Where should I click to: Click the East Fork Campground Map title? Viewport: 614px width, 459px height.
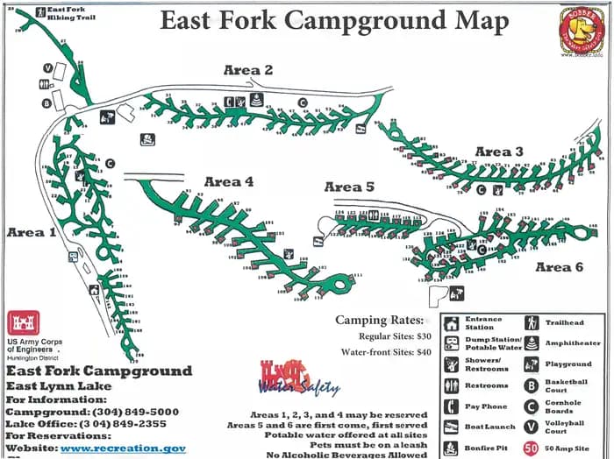click(333, 21)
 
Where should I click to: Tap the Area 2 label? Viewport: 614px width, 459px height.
click(248, 70)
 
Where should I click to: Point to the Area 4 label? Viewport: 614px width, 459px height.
click(229, 181)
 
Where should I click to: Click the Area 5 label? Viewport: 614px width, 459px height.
click(349, 187)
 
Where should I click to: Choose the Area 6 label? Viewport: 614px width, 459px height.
click(559, 267)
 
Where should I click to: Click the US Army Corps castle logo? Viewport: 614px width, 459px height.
click(24, 323)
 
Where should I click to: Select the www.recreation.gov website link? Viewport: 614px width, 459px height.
click(123, 448)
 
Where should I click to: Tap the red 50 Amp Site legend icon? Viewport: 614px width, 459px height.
click(532, 448)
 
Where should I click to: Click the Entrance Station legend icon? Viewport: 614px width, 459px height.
click(451, 323)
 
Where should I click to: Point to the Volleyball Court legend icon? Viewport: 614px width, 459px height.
click(532, 427)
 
